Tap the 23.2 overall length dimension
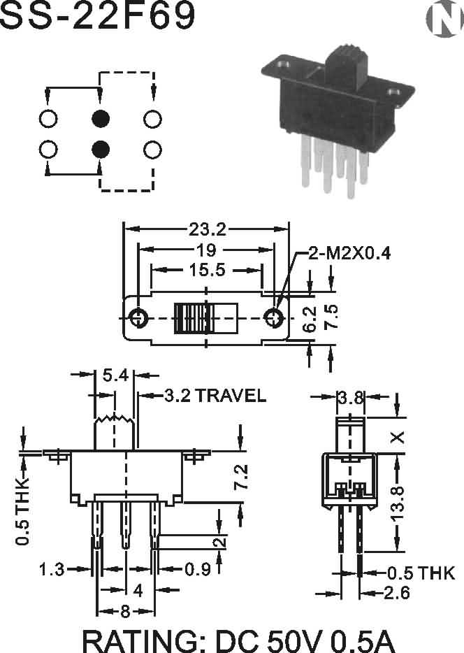coord(208,229)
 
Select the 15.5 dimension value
coord(208,270)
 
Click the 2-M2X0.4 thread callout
coord(349,253)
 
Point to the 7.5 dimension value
coord(331,317)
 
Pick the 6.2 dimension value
coord(310,320)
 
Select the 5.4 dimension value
coord(116,375)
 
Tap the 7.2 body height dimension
coord(241,477)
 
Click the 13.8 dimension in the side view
coord(398,503)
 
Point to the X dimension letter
coord(398,437)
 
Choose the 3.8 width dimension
coord(350,398)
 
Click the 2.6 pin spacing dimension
coord(396,593)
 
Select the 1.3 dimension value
coord(52,569)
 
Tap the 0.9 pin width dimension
coord(198,569)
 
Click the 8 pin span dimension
coord(125,611)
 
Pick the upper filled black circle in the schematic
coord(101,119)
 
